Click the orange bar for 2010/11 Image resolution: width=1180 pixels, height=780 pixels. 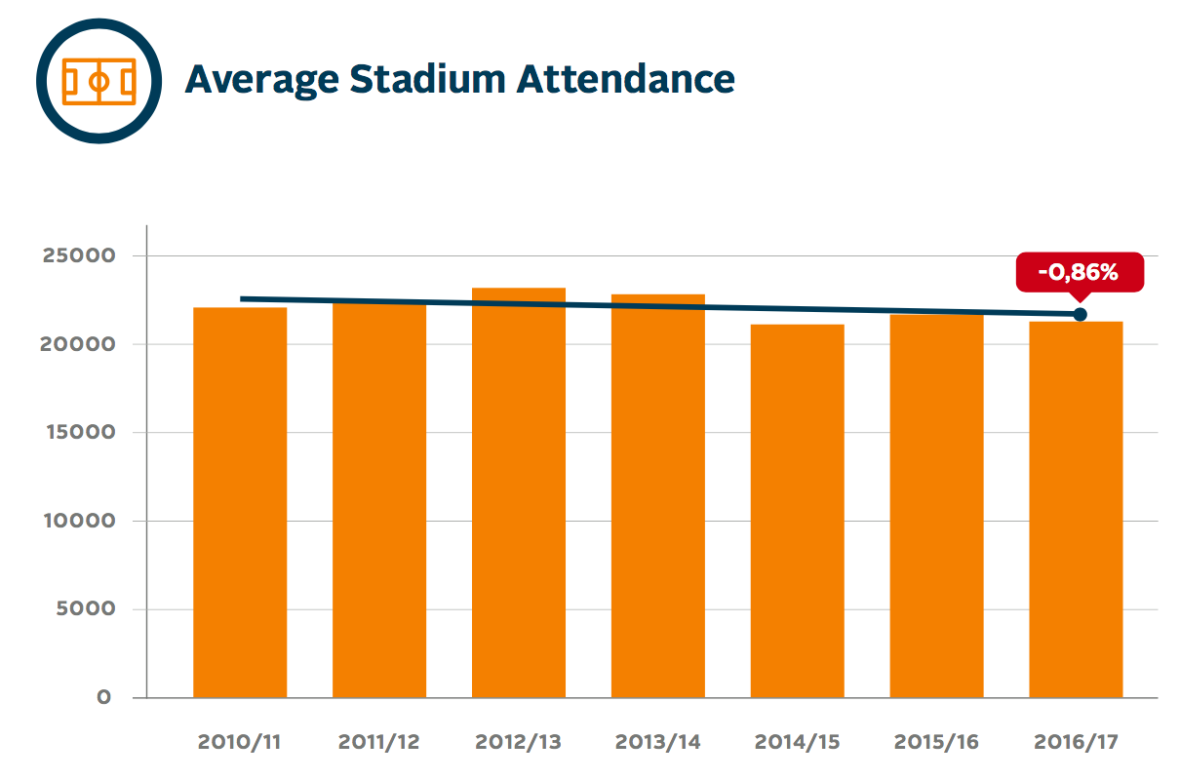click(240, 502)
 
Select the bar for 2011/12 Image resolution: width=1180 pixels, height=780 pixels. click(379, 502)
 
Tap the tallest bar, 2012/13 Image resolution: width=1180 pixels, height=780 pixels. click(519, 492)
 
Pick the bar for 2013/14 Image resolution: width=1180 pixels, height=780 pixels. click(658, 497)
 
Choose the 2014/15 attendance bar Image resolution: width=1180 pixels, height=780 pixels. click(798, 512)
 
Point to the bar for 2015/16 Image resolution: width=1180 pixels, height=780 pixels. click(937, 507)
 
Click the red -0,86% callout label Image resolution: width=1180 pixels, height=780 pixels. click(1079, 272)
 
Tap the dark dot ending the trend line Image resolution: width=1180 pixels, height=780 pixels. click(1080, 314)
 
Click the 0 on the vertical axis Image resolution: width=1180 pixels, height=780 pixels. click(102, 697)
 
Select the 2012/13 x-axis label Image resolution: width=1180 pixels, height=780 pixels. click(519, 742)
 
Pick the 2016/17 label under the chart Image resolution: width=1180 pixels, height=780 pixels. click(1077, 742)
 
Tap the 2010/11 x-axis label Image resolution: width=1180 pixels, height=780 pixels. click(240, 742)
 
